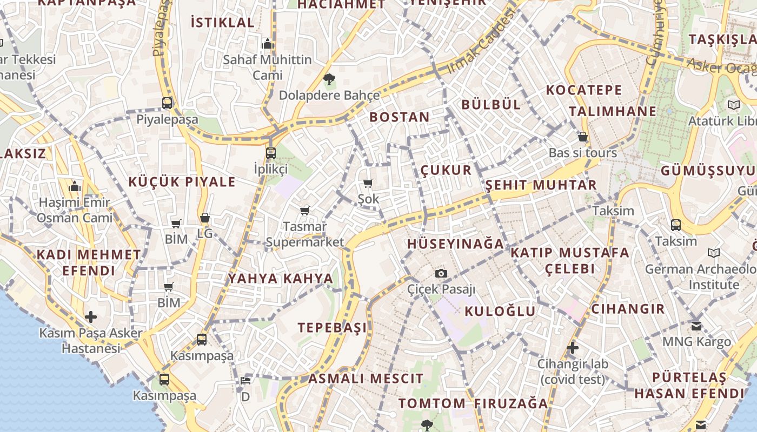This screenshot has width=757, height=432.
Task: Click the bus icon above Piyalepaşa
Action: (x=167, y=103)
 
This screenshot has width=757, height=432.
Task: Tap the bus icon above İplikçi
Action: (x=271, y=153)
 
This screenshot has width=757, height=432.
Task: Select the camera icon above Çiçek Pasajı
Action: (x=441, y=273)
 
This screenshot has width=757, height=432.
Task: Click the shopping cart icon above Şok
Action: (x=368, y=184)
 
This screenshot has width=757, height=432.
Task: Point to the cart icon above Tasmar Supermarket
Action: (x=304, y=211)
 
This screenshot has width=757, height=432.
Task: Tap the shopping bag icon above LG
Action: (x=204, y=218)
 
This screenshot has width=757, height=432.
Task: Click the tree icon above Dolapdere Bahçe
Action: (x=329, y=80)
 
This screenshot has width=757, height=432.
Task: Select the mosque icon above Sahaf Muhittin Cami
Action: (x=267, y=44)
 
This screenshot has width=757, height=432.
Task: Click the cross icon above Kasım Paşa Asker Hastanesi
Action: (x=91, y=316)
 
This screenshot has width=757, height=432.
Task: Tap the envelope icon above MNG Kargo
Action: (x=696, y=326)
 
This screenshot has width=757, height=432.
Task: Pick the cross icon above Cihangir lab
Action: (x=573, y=348)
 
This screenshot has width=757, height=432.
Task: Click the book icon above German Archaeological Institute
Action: (x=714, y=253)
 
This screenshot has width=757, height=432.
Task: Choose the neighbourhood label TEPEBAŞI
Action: (x=332, y=328)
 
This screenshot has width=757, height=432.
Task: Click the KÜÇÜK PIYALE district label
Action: (x=182, y=182)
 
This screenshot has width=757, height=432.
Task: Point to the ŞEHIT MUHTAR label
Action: (x=540, y=185)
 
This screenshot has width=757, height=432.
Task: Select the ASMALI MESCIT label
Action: (x=366, y=379)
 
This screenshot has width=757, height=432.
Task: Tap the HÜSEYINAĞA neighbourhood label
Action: (x=455, y=244)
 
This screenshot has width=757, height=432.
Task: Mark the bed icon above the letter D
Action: (x=245, y=381)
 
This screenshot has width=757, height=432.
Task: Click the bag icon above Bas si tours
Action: (x=582, y=137)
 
